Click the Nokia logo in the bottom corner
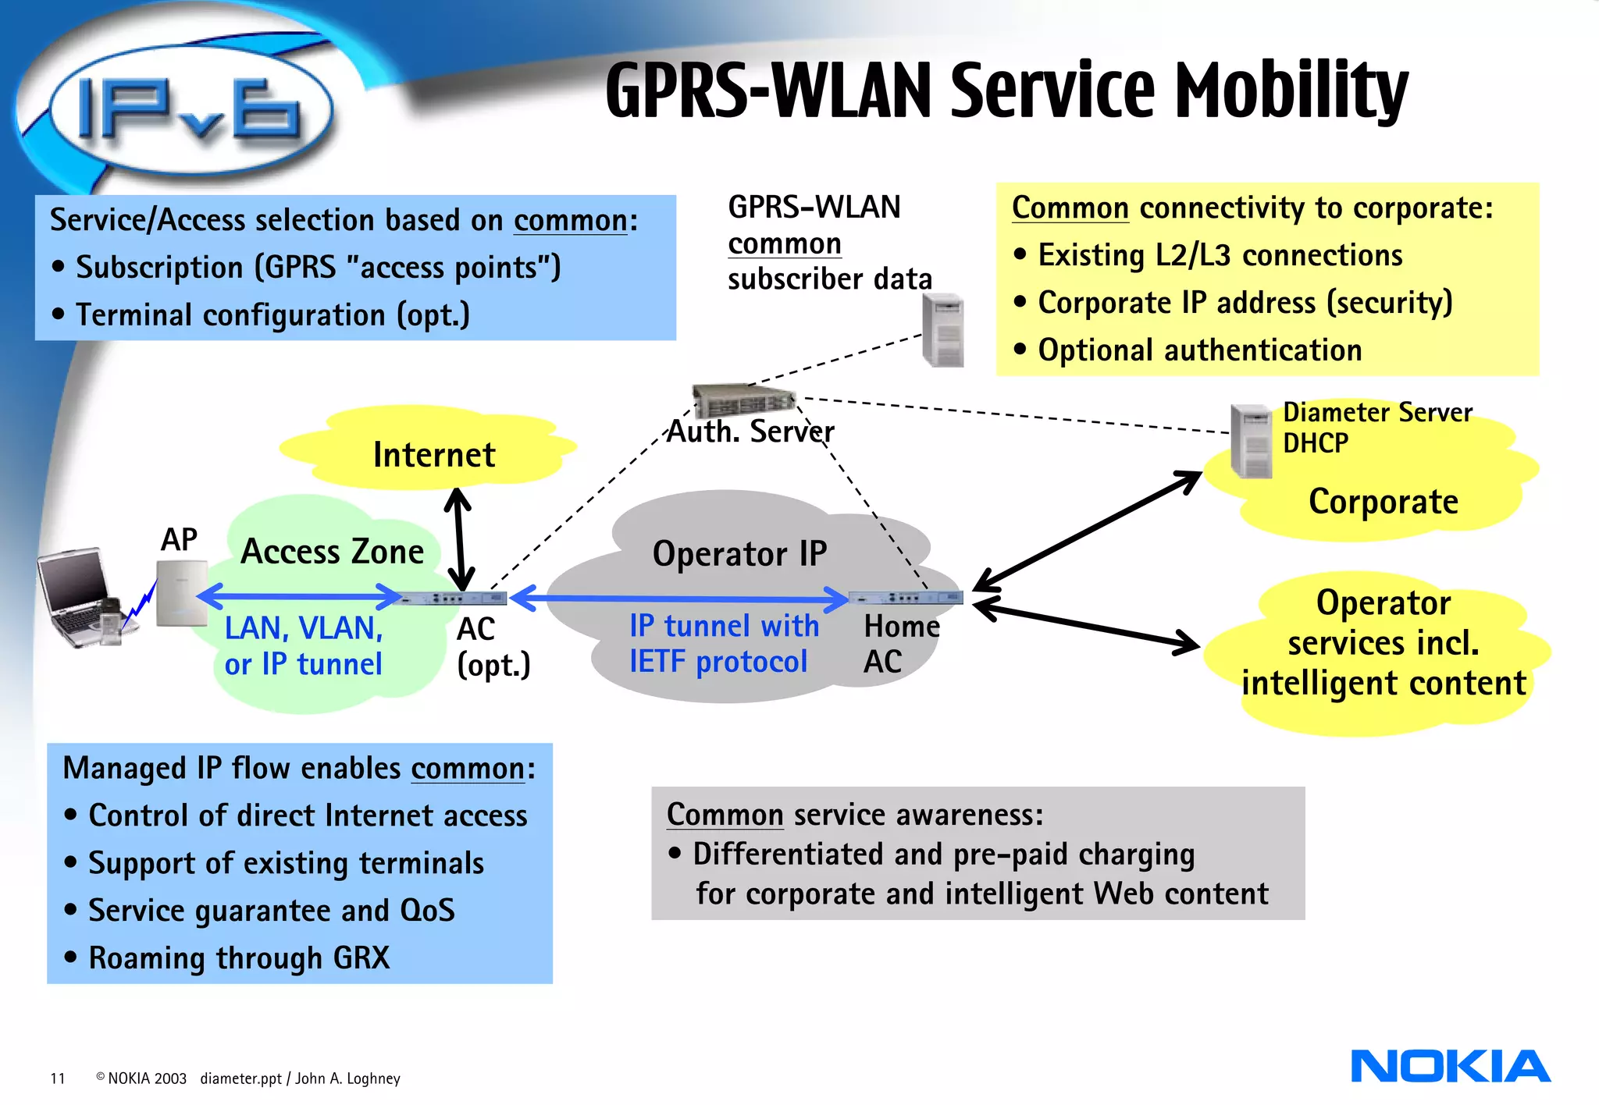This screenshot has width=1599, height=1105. click(1450, 1066)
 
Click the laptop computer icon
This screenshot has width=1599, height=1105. click(78, 597)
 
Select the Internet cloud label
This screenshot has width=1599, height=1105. click(434, 455)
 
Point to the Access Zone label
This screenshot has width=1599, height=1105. click(332, 552)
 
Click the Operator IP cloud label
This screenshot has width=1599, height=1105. click(739, 554)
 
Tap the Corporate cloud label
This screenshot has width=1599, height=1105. click(1383, 502)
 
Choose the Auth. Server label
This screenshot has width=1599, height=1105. click(750, 432)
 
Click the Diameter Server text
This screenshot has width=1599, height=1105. click(1377, 412)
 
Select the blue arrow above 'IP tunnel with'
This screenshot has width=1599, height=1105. click(679, 599)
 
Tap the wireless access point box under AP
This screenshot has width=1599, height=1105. click(181, 593)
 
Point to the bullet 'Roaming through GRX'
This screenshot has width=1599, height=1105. click(239, 958)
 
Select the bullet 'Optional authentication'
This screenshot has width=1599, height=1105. click(1199, 350)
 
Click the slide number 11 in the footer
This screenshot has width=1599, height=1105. click(58, 1078)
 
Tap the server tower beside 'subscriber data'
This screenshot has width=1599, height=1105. click(943, 331)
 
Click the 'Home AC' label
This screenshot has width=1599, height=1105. click(901, 644)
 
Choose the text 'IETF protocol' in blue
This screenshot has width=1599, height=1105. click(718, 662)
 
